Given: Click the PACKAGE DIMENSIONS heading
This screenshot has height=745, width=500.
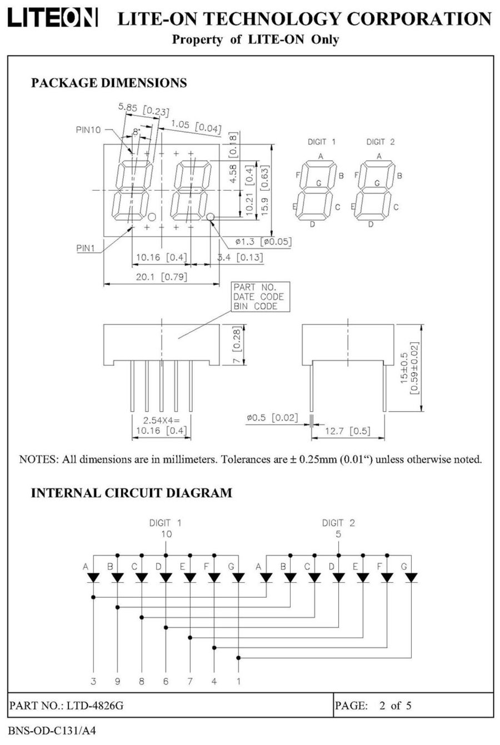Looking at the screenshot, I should coord(109,83).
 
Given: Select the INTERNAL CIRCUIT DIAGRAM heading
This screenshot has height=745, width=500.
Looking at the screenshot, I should coord(131,493).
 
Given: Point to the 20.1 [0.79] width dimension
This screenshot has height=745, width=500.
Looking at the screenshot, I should coord(162,277).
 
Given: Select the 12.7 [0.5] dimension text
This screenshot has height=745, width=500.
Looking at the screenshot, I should coord(348,431).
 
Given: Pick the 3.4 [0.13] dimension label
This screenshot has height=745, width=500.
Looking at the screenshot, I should coord(239,258).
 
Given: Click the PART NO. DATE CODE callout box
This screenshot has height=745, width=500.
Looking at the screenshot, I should coord(258,297).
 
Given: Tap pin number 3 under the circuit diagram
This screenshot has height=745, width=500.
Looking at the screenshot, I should coord(93,681).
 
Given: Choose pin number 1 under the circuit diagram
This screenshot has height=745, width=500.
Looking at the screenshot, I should coord(238,681).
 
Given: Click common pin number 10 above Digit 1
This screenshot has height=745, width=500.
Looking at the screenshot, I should coord(166,534).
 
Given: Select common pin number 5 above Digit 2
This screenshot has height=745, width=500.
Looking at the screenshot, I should coord(338,534).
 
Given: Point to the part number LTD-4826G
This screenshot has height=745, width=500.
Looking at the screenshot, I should coord(95,706).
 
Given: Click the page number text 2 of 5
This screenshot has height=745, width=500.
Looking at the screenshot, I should coord(395,706).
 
